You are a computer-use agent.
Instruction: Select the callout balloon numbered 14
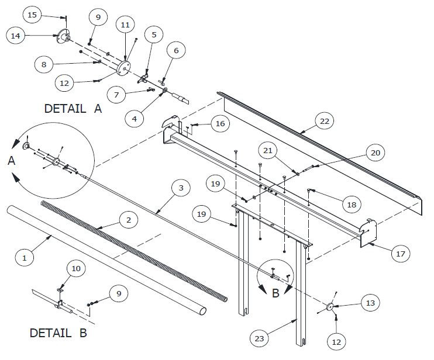[x=16, y=36]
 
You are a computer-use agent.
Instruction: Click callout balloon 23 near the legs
[x=259, y=337]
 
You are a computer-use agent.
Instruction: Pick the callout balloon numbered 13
[x=370, y=303]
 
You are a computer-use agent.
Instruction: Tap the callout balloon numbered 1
[x=25, y=256]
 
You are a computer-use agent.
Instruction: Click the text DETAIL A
[x=73, y=108]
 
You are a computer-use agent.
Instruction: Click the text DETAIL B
[x=58, y=334]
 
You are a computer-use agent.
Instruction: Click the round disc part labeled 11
[x=123, y=67]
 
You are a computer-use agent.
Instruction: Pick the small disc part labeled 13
[x=330, y=307]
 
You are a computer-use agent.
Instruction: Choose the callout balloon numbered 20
[x=374, y=153]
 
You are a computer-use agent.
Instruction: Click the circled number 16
[x=219, y=123]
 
